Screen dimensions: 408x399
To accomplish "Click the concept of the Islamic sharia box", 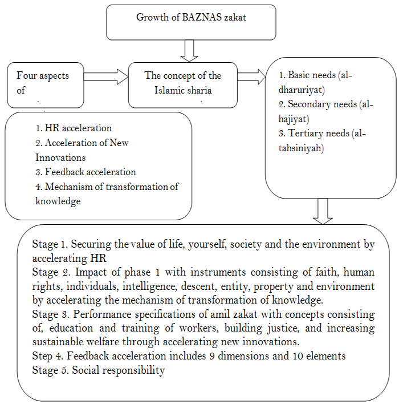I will point(182,83).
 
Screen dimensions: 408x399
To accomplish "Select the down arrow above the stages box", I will point(323,212).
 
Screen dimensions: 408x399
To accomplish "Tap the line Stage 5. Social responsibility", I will point(99,370).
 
